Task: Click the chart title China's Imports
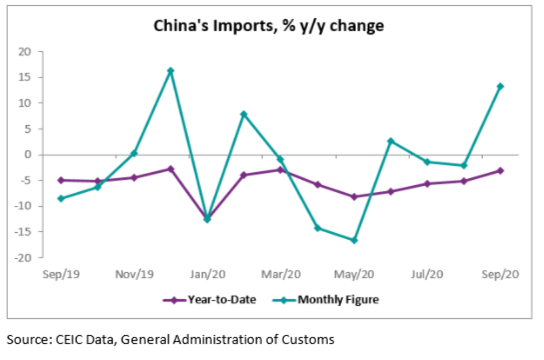click(269, 26)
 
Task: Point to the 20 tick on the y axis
click(25, 52)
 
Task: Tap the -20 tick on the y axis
click(23, 257)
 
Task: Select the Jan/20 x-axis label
click(207, 274)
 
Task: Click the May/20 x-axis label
click(353, 274)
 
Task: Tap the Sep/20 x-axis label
click(500, 274)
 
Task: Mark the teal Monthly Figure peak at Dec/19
click(171, 71)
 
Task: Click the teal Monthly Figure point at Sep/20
click(500, 86)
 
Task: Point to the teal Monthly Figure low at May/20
click(354, 240)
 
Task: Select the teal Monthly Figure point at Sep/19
click(61, 198)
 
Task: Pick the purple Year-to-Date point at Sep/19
click(61, 180)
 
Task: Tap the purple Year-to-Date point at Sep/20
click(500, 171)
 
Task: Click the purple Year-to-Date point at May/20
click(354, 197)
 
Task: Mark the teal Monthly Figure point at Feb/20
click(244, 114)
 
